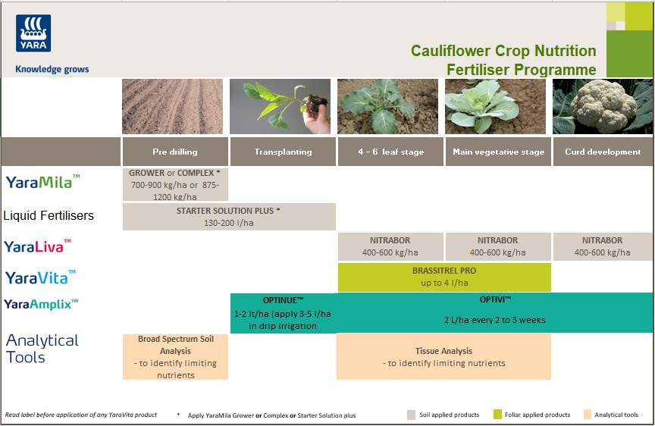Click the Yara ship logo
[x=33, y=33]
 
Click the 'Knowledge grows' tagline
[x=52, y=69]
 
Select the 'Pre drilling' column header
[x=175, y=152]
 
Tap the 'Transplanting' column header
[x=283, y=152]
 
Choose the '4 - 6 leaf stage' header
[x=390, y=152]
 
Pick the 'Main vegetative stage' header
[x=498, y=152]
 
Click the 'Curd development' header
[x=603, y=152]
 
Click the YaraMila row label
[x=42, y=182]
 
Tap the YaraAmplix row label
[x=41, y=304]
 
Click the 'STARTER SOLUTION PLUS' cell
[x=229, y=217]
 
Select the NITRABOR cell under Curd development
[x=603, y=246]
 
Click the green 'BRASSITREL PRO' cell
[x=443, y=277]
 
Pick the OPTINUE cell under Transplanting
[x=283, y=312]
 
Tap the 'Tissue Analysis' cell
[x=443, y=356]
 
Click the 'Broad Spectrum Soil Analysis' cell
[x=175, y=356]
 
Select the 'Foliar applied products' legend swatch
[x=497, y=415]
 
